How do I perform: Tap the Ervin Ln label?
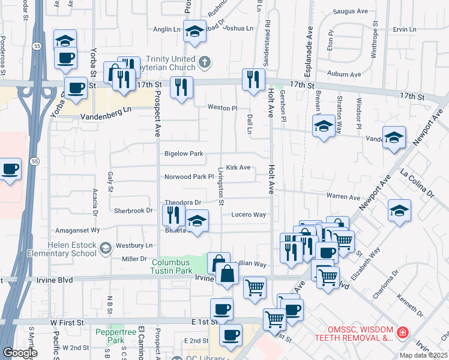click(404, 29)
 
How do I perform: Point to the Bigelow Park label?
click(184, 154)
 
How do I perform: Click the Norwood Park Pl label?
click(189, 177)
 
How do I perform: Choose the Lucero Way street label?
click(249, 214)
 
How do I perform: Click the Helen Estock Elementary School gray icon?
click(105, 248)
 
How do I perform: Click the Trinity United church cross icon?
click(204, 61)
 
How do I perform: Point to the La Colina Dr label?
click(414, 184)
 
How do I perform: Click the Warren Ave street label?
click(343, 197)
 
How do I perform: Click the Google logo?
click(20, 353)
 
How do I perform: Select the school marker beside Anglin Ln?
click(194, 32)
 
